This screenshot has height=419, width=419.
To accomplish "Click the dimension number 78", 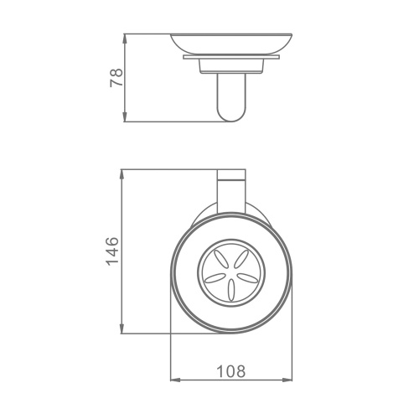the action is click(x=116, y=77).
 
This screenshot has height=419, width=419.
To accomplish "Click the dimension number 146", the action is click(x=113, y=251).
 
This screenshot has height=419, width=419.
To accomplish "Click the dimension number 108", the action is click(x=231, y=371).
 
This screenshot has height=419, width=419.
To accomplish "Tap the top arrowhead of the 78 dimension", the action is click(x=125, y=39).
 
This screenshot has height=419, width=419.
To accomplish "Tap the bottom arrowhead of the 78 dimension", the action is click(x=125, y=116).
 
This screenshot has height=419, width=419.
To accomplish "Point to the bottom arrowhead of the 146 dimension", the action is click(x=122, y=328).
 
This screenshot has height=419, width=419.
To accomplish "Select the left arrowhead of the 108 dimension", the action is click(x=176, y=380).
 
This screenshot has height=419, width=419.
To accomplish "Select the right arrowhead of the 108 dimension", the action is click(x=287, y=380).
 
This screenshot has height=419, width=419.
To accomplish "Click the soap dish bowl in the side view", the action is click(x=231, y=44).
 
